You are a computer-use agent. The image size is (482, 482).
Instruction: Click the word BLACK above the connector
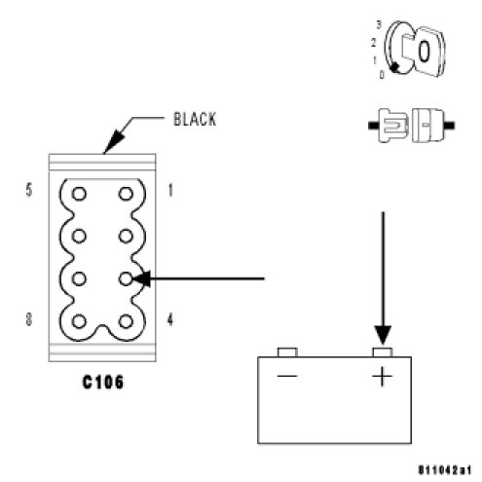[195, 119]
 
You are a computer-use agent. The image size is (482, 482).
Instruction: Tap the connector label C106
[103, 382]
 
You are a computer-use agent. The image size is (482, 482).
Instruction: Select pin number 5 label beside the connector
[29, 190]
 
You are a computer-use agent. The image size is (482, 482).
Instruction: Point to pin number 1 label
[170, 190]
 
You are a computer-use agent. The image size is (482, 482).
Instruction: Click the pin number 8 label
[29, 319]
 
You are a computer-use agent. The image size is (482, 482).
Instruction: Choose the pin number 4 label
[170, 319]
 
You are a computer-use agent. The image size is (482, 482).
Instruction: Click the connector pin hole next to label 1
[126, 194]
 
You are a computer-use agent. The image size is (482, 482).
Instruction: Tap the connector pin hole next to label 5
[79, 194]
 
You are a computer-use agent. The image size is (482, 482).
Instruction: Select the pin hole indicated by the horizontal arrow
[126, 278]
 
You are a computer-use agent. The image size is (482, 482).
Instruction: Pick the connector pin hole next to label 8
[79, 321]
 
